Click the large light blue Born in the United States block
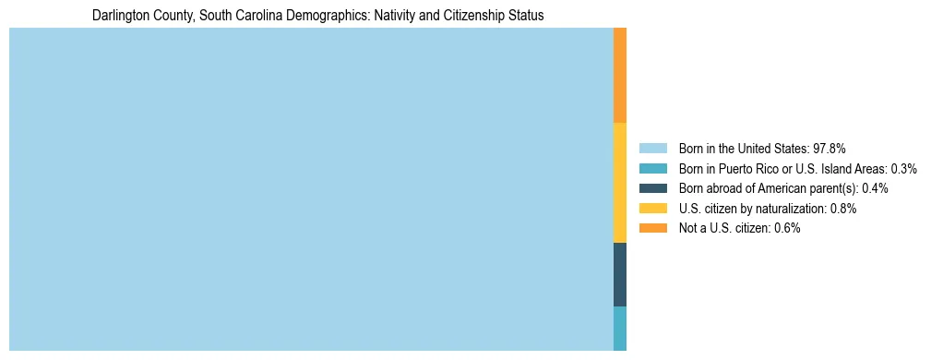[x=311, y=189]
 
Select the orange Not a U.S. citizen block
[x=620, y=76]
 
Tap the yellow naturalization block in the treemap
[x=620, y=183]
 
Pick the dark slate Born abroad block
[x=620, y=274]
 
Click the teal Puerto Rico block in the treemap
[x=620, y=328]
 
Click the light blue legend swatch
[x=652, y=149]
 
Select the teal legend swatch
[x=652, y=169]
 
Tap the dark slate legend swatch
[x=652, y=188]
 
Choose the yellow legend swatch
[x=652, y=209]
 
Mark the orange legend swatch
[x=652, y=228]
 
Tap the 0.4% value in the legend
[x=875, y=188]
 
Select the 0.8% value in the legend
[x=843, y=209]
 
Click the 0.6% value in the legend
[x=787, y=228]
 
